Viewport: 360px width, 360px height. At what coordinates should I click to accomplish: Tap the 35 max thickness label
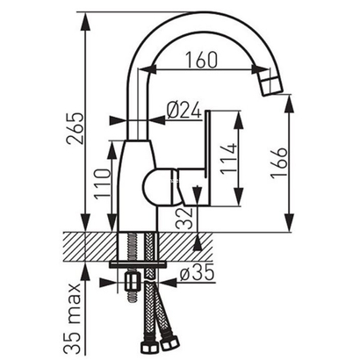77,312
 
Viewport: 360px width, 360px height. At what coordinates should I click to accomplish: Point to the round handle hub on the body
159,186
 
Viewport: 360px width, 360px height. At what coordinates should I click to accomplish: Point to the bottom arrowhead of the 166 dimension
292,227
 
